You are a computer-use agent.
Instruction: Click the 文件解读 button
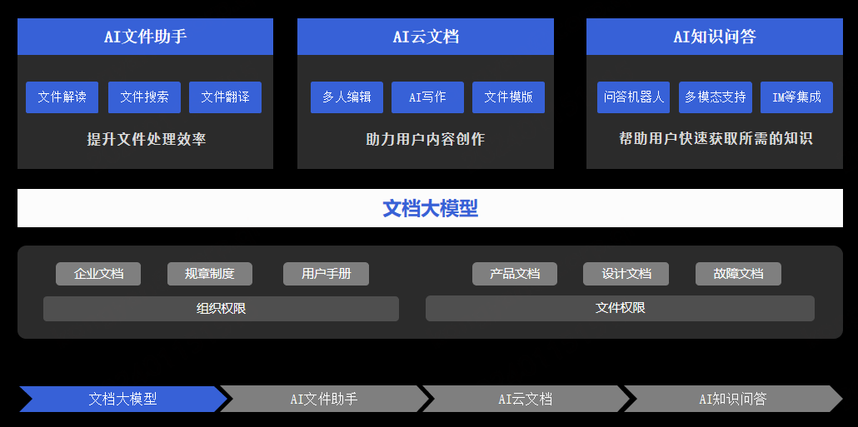click(62, 97)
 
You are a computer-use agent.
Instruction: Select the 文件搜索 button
click(144, 97)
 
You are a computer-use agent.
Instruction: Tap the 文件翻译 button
click(225, 97)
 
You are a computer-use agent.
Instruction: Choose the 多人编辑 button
click(347, 97)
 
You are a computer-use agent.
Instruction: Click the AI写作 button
click(427, 97)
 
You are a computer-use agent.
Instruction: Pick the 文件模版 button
click(508, 97)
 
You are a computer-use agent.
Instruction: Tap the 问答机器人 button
click(634, 97)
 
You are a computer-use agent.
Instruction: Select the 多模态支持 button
click(716, 97)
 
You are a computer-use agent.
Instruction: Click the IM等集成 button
click(796, 97)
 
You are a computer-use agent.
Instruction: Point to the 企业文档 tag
click(98, 274)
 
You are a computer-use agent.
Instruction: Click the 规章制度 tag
click(210, 274)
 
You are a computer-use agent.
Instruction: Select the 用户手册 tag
click(326, 274)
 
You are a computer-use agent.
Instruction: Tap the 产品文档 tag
click(515, 274)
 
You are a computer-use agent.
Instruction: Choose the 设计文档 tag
click(626, 274)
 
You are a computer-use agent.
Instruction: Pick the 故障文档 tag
click(738, 274)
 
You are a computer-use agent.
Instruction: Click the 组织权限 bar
click(221, 309)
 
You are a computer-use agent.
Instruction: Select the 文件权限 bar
click(620, 308)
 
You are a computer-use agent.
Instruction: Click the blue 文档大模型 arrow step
click(122, 399)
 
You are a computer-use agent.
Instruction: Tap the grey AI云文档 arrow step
click(525, 399)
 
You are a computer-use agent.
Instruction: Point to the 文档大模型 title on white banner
click(430, 208)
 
